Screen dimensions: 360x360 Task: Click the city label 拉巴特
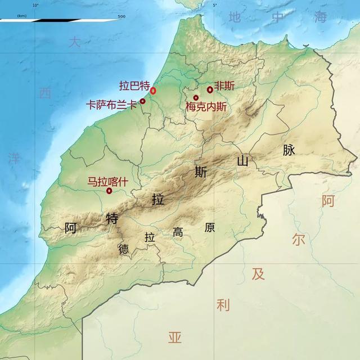tap(134, 86)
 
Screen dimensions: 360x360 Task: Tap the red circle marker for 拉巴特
tap(153, 91)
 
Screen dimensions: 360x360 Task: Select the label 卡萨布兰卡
tap(111, 105)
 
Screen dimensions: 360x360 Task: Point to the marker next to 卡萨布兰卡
tap(143, 101)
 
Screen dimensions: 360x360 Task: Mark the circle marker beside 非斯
tap(210, 89)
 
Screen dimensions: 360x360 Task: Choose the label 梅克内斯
tap(206, 106)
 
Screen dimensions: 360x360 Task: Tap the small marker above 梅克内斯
tap(196, 98)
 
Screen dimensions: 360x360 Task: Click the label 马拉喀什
tap(107, 182)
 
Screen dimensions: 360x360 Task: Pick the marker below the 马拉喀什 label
tap(109, 191)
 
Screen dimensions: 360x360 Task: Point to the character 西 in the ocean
tap(45, 93)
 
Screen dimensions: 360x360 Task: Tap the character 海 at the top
tap(321, 17)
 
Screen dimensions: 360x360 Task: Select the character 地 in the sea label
tap(235, 17)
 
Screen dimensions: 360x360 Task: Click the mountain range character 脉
tap(289, 150)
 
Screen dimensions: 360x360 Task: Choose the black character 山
tap(243, 161)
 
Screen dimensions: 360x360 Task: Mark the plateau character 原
tap(210, 228)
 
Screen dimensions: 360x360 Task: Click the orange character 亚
tap(175, 337)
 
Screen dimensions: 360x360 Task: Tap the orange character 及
tap(258, 274)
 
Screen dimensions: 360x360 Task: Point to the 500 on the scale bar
tap(121, 16)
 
